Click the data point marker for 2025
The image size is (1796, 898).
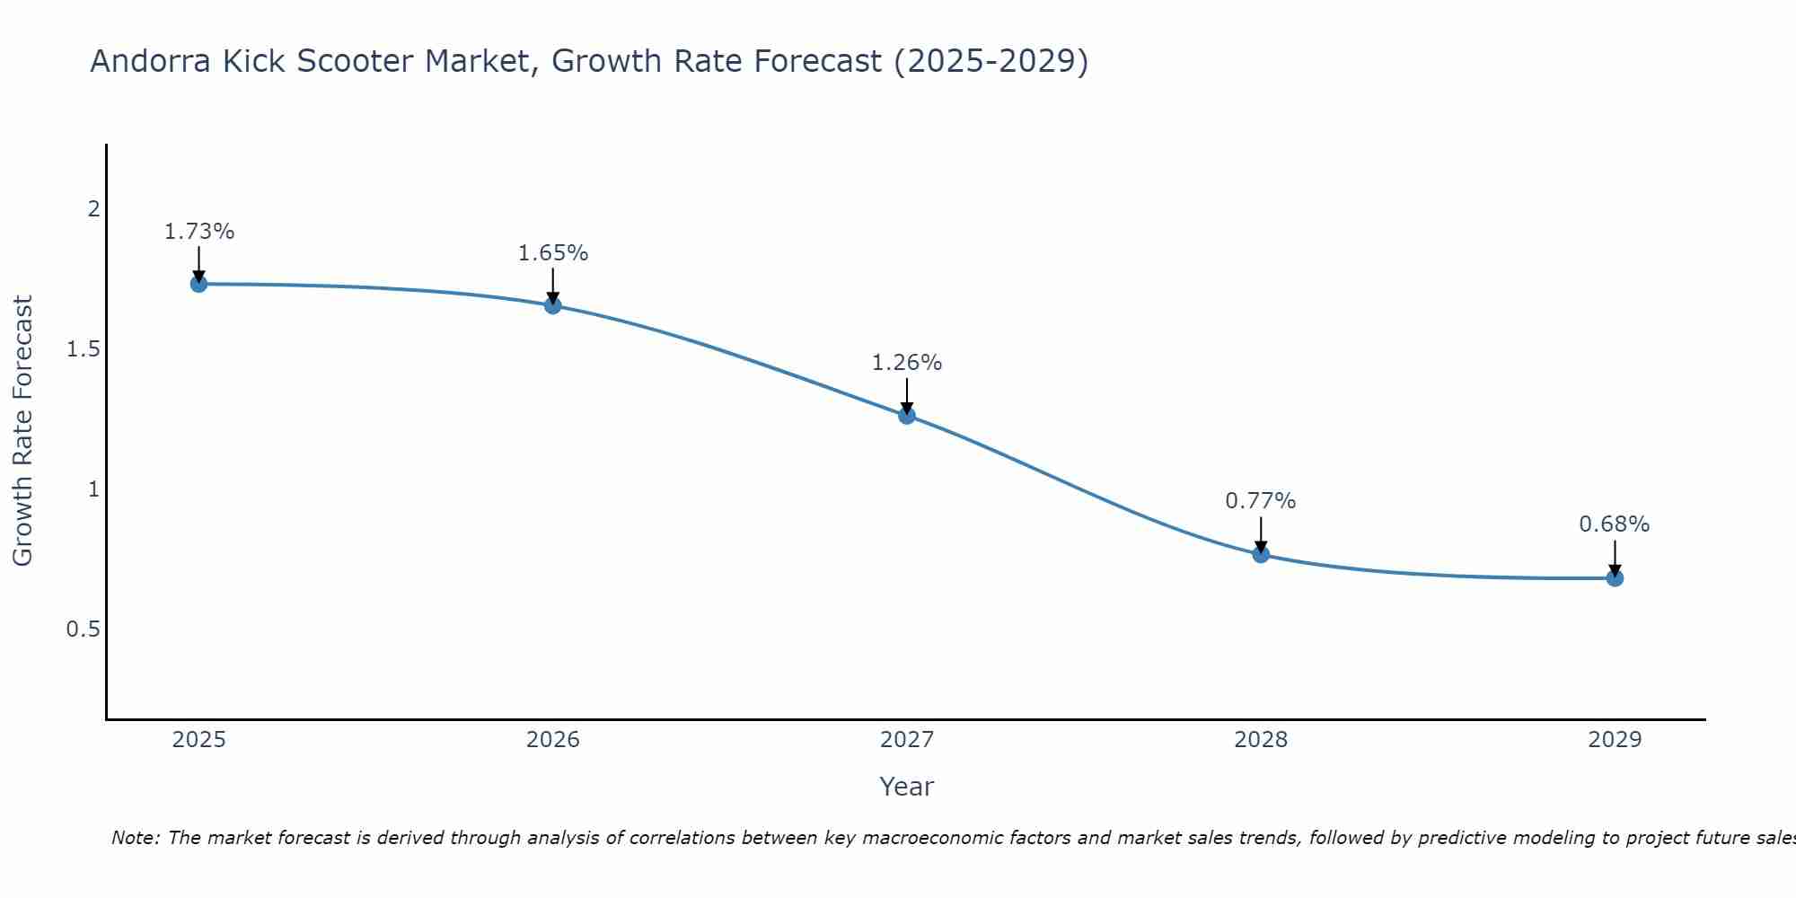[198, 284]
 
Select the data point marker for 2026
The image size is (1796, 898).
[552, 305]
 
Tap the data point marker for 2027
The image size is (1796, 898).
[906, 415]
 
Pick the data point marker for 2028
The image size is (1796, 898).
[1261, 554]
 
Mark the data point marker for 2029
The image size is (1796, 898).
[1615, 577]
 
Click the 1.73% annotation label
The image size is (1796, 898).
[198, 232]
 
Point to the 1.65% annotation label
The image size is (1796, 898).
[552, 253]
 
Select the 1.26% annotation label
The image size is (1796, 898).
[906, 363]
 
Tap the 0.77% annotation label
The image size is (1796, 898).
[1261, 501]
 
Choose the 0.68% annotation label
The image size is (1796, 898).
[1615, 524]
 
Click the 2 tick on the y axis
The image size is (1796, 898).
[93, 209]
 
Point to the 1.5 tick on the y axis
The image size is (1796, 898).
[84, 349]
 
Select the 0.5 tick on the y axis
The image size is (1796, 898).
[84, 629]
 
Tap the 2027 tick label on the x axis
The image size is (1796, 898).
[906, 740]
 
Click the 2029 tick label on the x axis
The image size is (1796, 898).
[1615, 740]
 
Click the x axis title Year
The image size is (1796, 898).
[906, 787]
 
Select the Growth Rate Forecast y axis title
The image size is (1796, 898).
[22, 431]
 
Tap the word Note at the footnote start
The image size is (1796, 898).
[135, 838]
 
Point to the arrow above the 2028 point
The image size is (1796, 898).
[1261, 535]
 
